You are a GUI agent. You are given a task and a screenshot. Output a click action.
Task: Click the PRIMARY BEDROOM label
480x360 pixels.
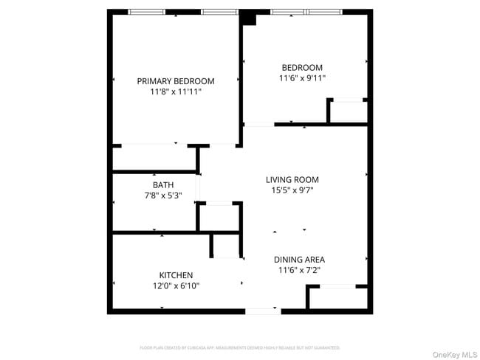tap(176, 81)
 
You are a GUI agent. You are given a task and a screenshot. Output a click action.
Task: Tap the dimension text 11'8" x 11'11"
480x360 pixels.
tap(176, 92)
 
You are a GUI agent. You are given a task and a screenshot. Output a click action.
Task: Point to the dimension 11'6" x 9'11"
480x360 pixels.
tap(301, 77)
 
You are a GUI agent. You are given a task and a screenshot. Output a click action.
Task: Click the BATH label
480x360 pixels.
tap(163, 184)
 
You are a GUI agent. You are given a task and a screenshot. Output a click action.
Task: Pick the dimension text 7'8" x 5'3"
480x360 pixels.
tap(163, 195)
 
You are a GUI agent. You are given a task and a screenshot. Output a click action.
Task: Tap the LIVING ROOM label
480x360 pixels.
tap(292, 179)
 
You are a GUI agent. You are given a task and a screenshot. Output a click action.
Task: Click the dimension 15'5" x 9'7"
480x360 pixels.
tap(292, 190)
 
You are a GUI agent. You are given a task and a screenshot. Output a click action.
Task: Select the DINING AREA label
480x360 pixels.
tap(299, 260)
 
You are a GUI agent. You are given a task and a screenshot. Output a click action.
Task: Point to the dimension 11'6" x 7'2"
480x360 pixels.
tap(299, 271)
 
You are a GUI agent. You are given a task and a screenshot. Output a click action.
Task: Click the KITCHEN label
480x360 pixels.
tap(176, 275)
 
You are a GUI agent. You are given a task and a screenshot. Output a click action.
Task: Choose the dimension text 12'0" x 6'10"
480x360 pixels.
tap(176, 286)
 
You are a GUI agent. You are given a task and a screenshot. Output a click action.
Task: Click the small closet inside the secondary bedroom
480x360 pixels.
tap(349, 111)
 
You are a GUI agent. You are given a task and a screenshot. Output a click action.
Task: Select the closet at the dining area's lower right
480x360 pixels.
tap(337, 298)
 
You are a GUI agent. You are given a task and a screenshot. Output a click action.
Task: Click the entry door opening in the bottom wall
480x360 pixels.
tap(264, 311)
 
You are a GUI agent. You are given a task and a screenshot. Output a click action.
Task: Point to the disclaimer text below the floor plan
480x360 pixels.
tap(240, 347)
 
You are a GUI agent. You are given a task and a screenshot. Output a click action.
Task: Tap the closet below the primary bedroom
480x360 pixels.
tap(154, 159)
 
